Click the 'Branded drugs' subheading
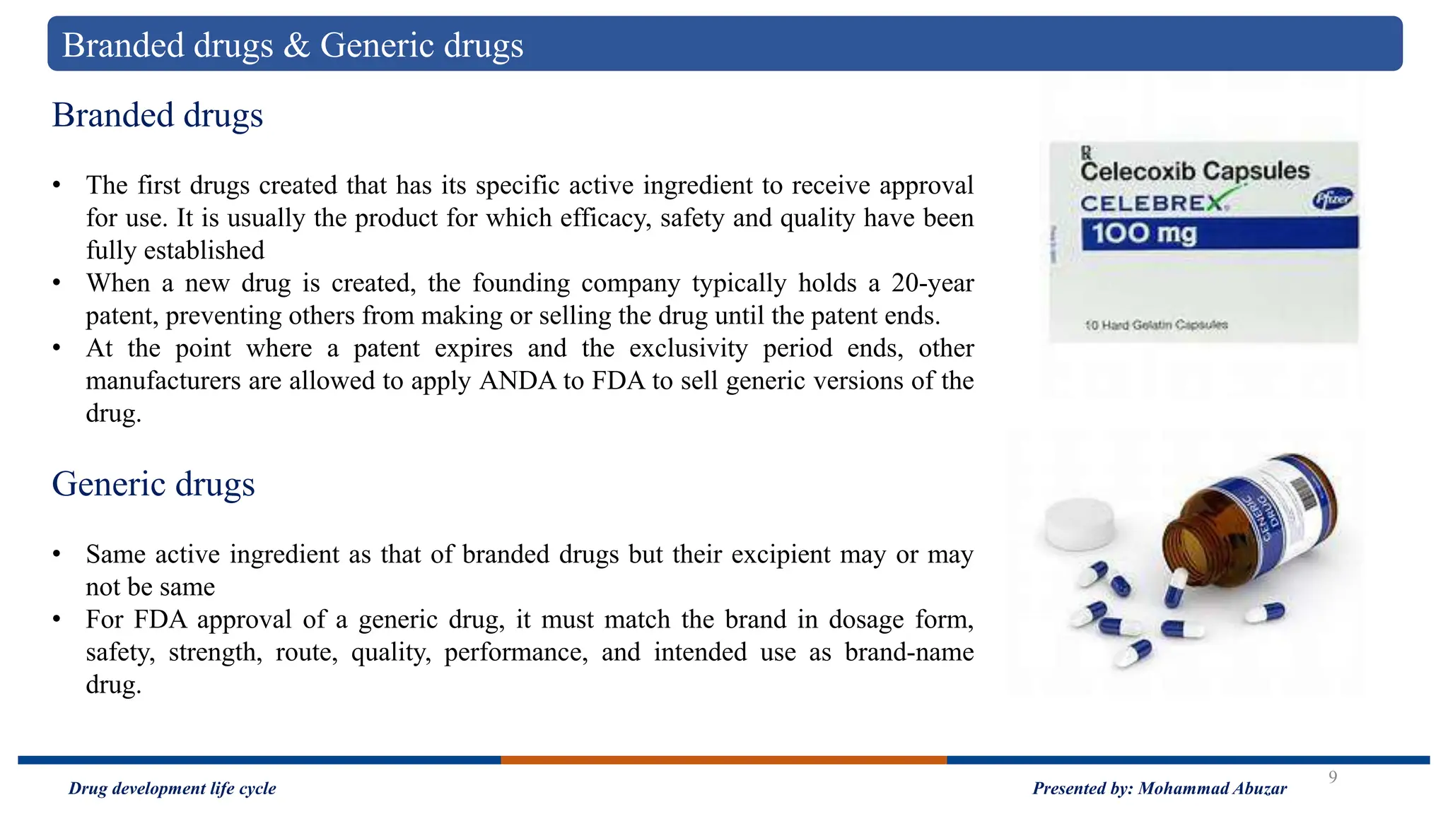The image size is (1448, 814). (157, 115)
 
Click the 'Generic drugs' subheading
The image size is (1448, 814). (153, 485)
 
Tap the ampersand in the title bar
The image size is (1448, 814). (296, 46)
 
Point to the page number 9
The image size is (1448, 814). (1333, 777)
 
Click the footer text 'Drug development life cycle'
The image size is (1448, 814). (172, 789)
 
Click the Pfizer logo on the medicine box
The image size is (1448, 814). (1332, 200)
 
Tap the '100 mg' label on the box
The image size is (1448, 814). (1143, 233)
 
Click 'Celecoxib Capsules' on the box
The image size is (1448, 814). (1194, 171)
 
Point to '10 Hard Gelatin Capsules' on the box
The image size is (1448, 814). (1156, 325)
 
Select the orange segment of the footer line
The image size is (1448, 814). (723, 760)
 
